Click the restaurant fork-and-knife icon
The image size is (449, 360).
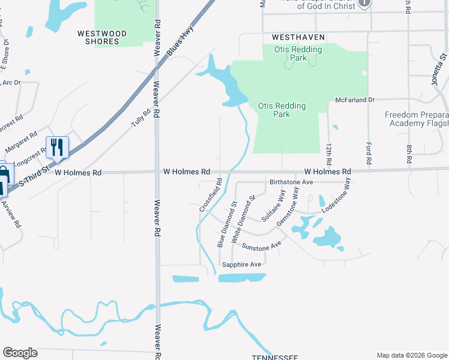click(57, 147)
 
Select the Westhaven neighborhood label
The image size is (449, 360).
click(298, 37)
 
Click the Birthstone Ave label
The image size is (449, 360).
click(292, 182)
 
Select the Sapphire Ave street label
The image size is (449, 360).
click(242, 265)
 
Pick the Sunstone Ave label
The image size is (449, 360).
click(262, 246)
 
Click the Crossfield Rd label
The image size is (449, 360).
click(211, 194)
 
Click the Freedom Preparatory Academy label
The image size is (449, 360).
click(417, 119)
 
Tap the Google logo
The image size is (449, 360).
click(20, 353)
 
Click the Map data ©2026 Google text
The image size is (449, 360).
click(411, 355)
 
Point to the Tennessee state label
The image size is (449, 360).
click(274, 358)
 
